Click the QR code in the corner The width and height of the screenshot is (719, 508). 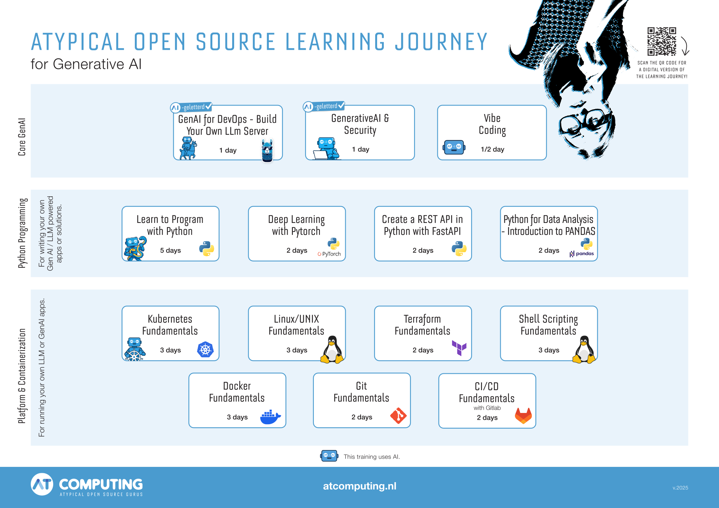pyautogui.click(x=662, y=41)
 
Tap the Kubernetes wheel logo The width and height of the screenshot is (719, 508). pyautogui.click(x=205, y=350)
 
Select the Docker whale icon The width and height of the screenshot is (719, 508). pyautogui.click(x=270, y=417)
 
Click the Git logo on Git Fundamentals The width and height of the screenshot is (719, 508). pyautogui.click(x=398, y=416)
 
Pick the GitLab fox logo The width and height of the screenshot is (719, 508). pyautogui.click(x=523, y=416)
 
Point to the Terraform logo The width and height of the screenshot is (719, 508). pyautogui.click(x=459, y=348)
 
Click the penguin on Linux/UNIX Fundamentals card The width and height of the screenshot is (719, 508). pyautogui.click(x=332, y=350)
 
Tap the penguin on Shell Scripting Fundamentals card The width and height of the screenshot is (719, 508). pyautogui.click(x=584, y=350)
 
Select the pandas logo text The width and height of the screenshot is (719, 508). pyautogui.click(x=585, y=254)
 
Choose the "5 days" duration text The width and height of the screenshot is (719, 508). pyautogui.click(x=170, y=250)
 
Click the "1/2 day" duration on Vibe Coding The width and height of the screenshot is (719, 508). pyautogui.click(x=492, y=149)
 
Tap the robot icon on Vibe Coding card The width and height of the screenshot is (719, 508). pyautogui.click(x=454, y=147)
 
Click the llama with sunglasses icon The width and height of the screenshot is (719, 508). pyautogui.click(x=267, y=150)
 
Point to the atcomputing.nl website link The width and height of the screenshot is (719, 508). pyautogui.click(x=359, y=486)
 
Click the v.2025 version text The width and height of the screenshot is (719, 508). pyautogui.click(x=680, y=488)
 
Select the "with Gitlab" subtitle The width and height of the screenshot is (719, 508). pyautogui.click(x=487, y=408)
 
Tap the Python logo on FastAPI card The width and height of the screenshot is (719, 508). pyautogui.click(x=459, y=248)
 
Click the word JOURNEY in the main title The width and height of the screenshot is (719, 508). pyautogui.click(x=442, y=42)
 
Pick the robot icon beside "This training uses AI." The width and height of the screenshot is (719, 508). pyautogui.click(x=329, y=456)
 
